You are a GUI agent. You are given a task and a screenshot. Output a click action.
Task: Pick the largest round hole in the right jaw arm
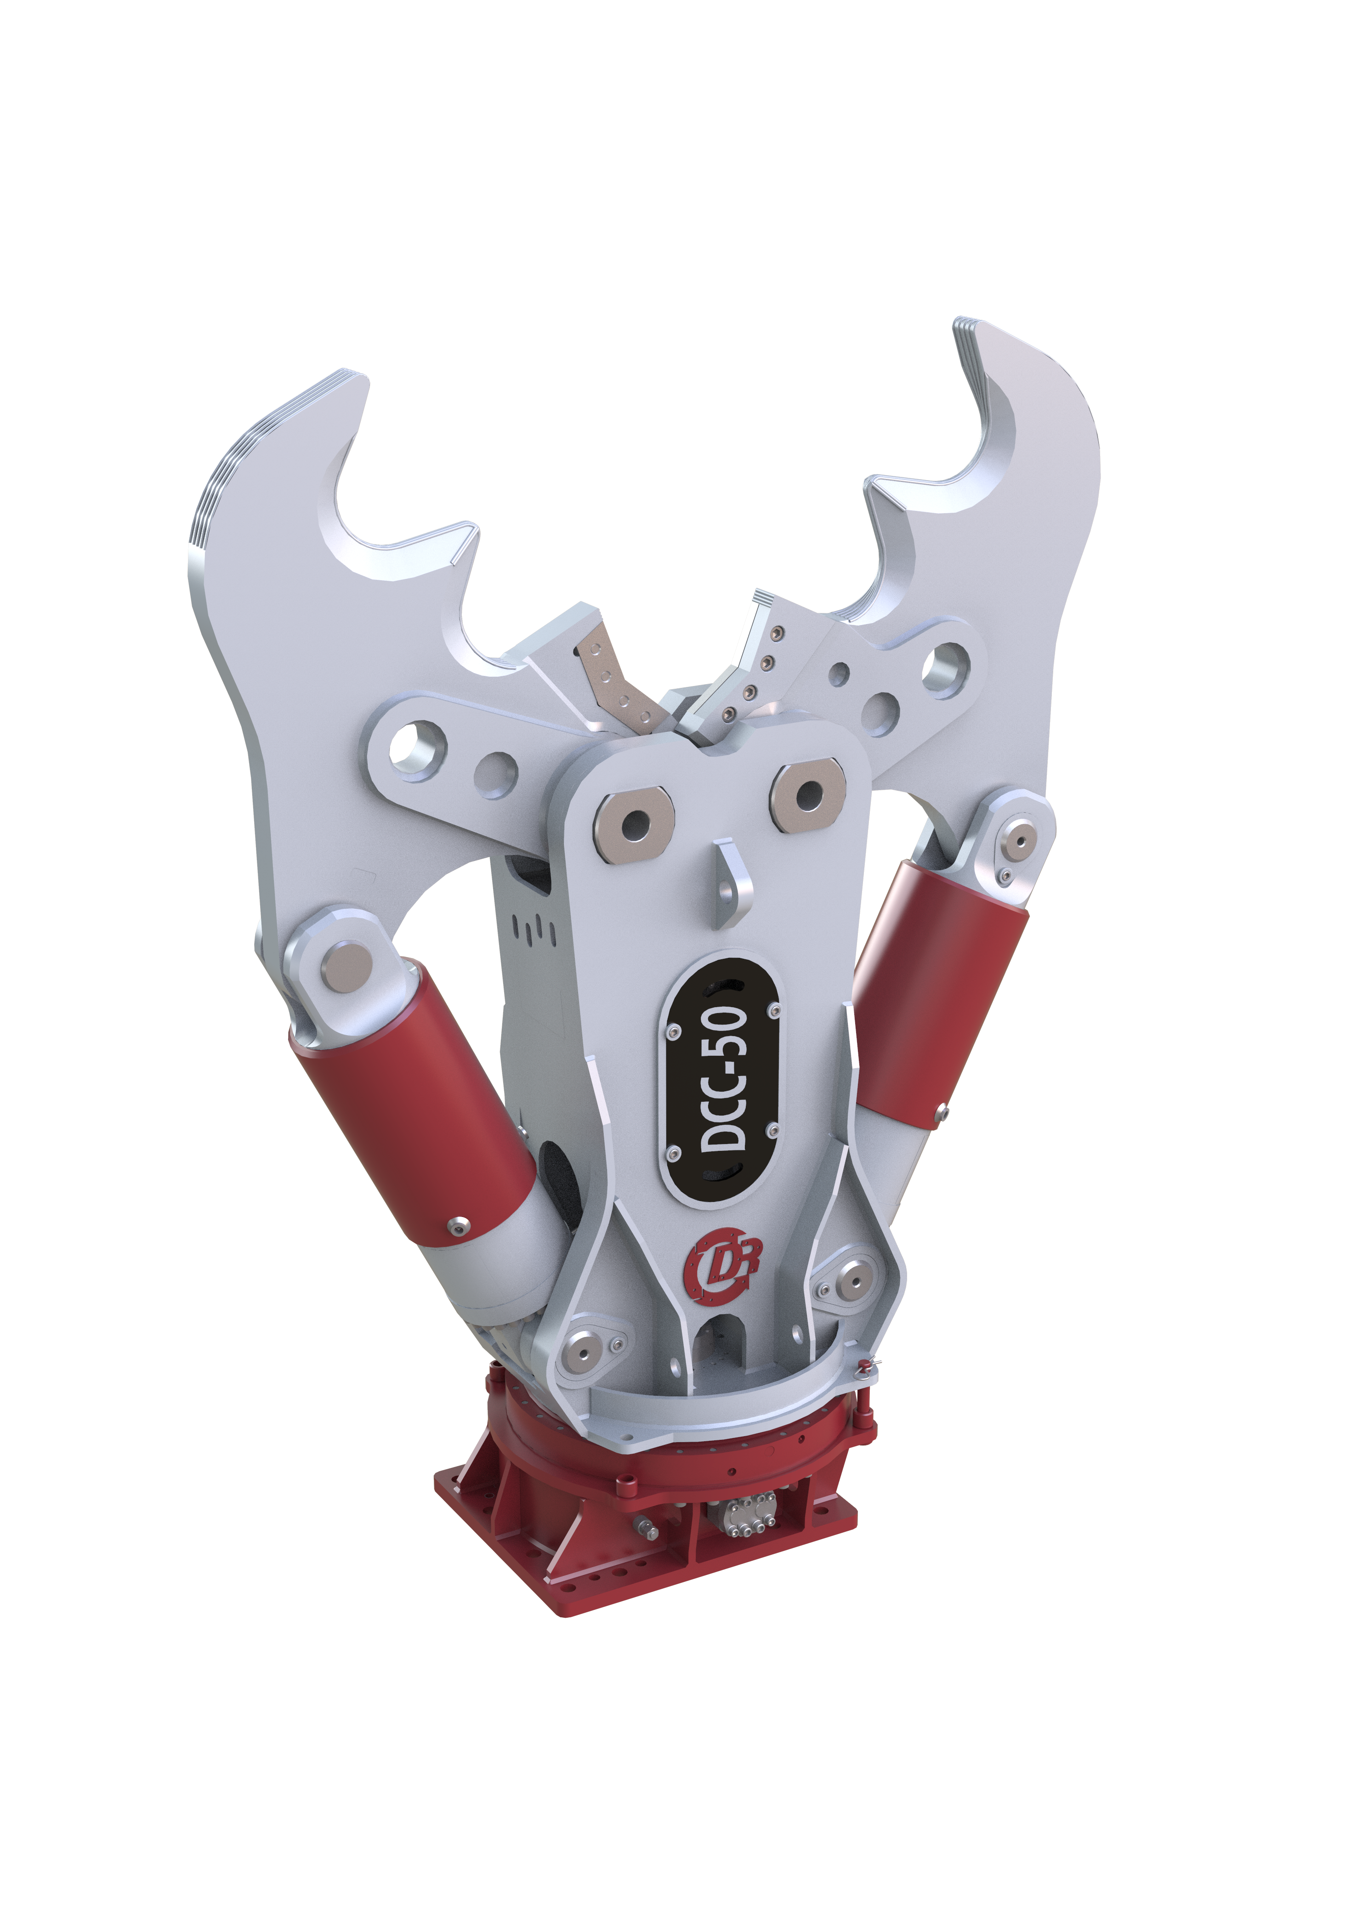pyautogui.click(x=944, y=669)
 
